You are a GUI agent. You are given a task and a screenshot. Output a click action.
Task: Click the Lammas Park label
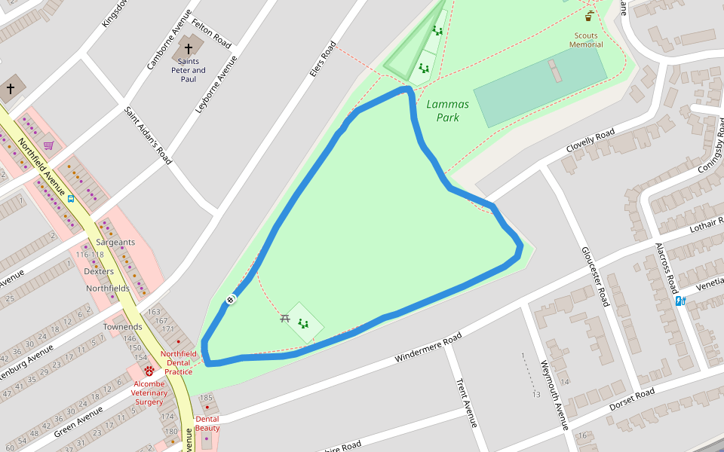point(447,111)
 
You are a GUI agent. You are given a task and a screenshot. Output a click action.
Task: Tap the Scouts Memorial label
point(586,40)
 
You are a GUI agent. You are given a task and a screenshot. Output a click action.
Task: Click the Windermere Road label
point(428,348)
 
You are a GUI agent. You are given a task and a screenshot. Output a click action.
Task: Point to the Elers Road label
point(322,59)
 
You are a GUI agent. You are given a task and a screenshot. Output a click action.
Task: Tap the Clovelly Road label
point(591,142)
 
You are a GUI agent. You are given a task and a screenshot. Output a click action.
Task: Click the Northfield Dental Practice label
point(178,362)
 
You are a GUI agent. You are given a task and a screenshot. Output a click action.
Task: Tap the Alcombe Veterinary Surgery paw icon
point(149,371)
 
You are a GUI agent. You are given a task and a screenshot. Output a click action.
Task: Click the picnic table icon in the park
point(285,319)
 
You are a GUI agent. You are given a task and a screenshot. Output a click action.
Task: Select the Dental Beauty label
point(207,423)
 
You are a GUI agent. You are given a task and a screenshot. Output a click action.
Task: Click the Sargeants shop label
point(115,243)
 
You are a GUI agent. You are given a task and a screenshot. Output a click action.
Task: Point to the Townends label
point(122,327)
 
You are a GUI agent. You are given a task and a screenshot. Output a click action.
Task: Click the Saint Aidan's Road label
point(148,136)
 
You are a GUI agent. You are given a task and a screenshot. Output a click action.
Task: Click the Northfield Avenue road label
point(41,163)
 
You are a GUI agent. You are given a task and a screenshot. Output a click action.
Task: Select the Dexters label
point(99,271)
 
